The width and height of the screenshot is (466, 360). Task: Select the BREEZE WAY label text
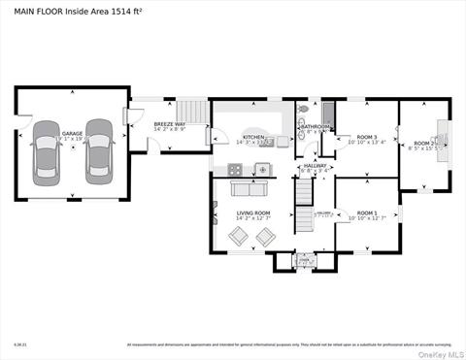(170, 124)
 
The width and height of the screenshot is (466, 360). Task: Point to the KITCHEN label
(252, 138)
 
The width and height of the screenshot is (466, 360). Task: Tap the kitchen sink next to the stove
(261, 169)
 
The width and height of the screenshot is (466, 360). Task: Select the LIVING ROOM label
(252, 213)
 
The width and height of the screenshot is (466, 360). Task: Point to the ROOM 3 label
(366, 137)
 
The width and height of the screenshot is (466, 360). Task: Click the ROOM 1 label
(366, 213)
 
